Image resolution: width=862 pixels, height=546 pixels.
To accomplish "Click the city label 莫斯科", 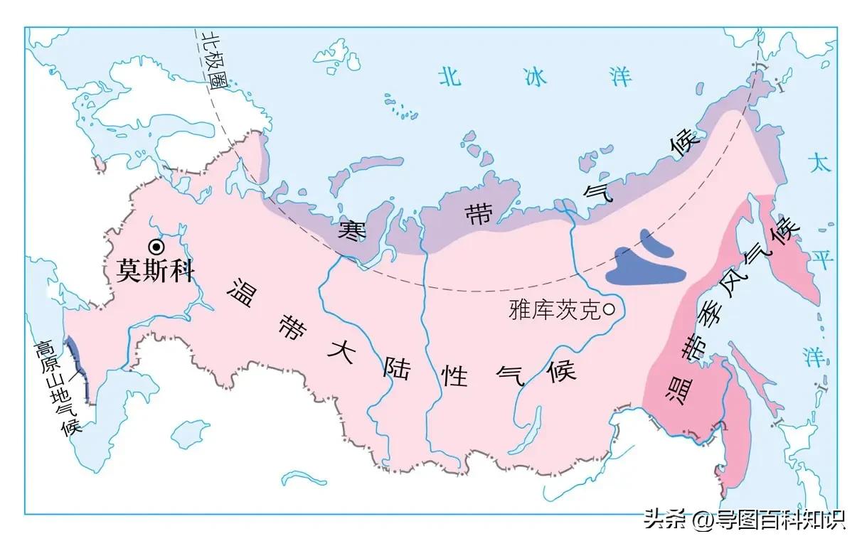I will tap(156, 272).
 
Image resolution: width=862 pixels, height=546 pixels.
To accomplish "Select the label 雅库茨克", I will tap(554, 310).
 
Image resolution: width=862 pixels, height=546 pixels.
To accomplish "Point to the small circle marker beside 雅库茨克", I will tap(610, 309).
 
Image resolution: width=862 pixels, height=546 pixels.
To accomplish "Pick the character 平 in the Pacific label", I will tap(822, 259).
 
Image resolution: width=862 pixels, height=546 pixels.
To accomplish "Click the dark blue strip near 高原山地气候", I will tap(79, 370).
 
